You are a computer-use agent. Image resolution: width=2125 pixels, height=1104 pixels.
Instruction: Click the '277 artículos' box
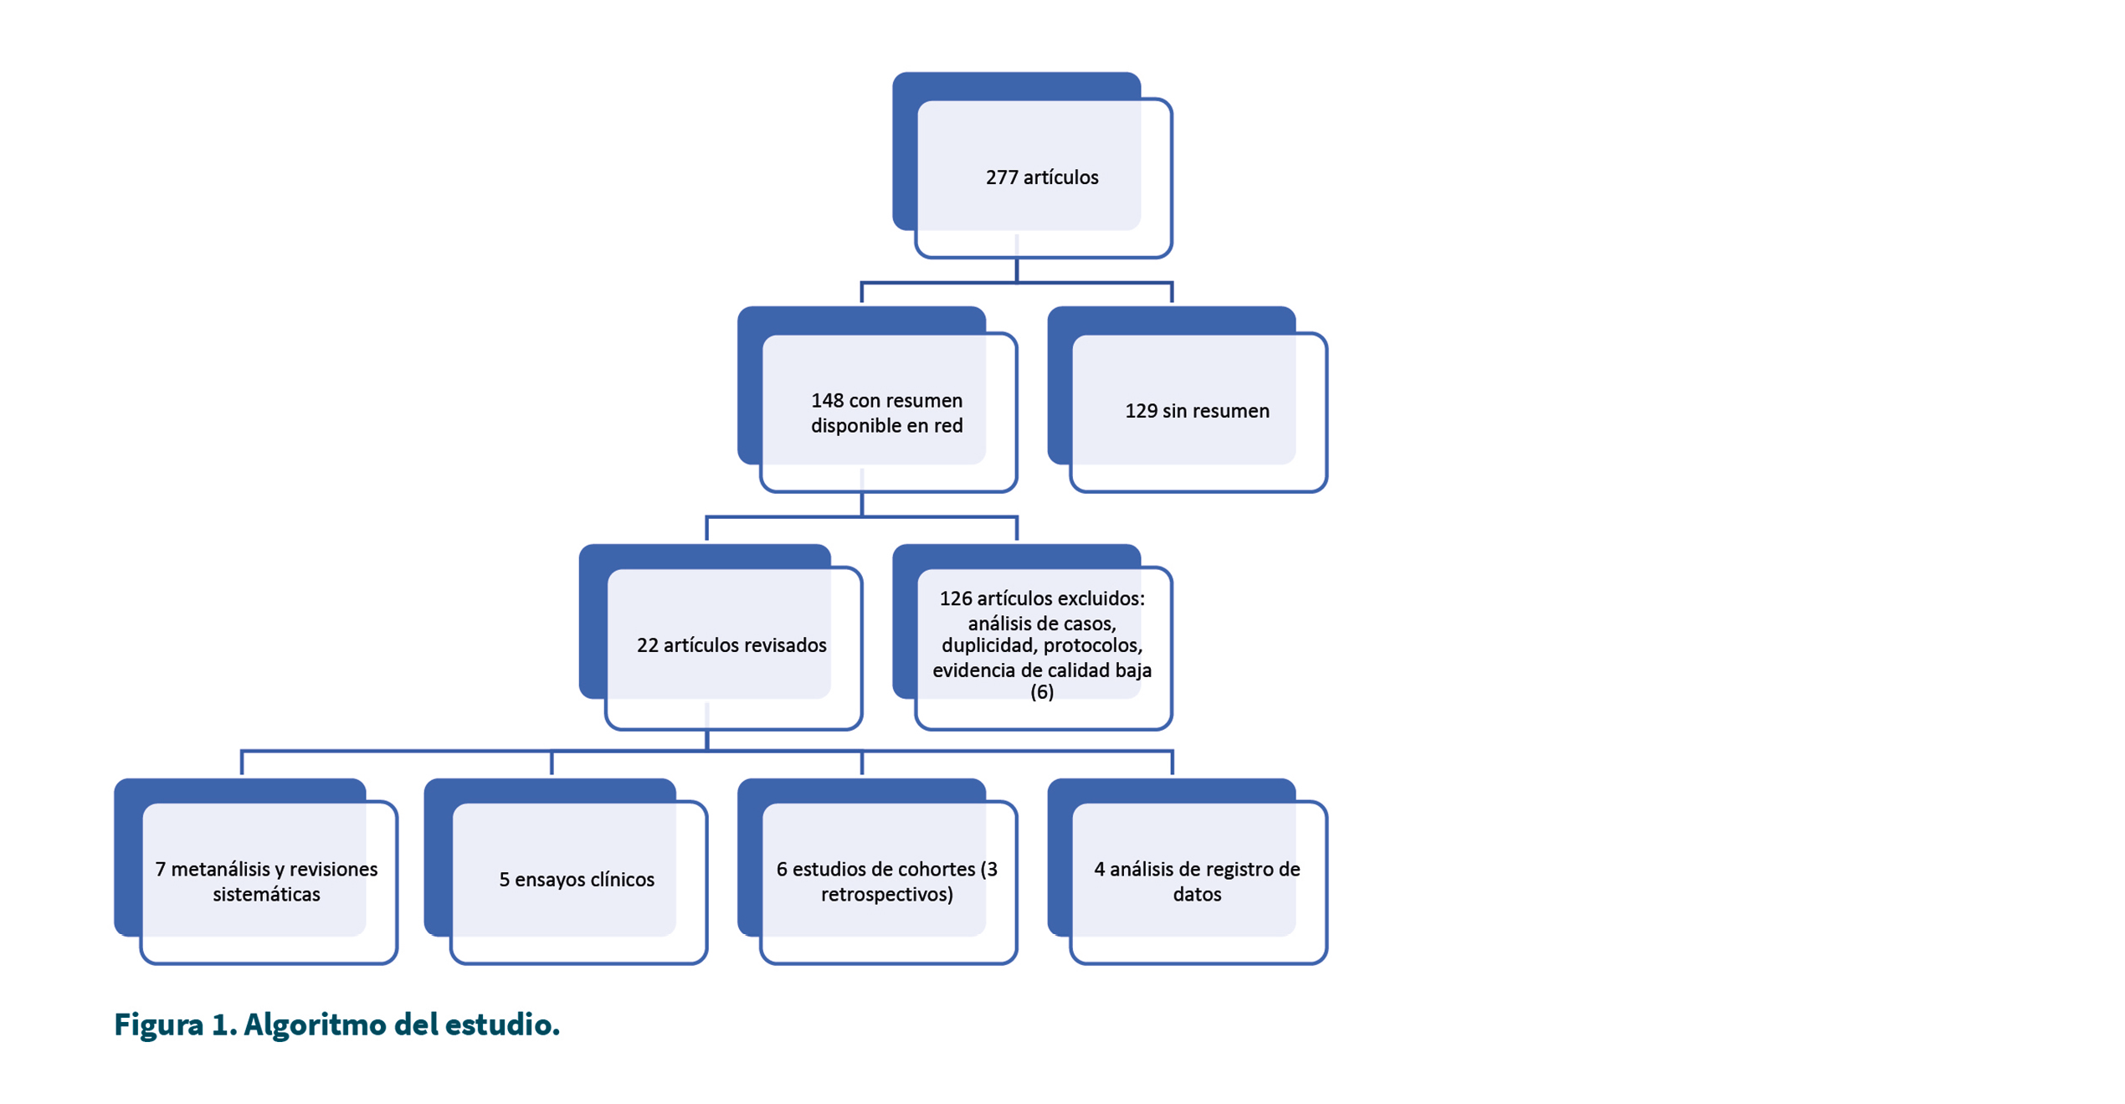click(1032, 165)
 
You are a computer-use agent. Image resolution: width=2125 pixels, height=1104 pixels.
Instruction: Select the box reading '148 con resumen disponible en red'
click(877, 399)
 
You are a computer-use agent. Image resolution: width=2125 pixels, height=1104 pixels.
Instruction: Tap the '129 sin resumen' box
click(1188, 399)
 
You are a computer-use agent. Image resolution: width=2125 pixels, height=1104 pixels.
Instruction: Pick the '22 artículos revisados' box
click(721, 638)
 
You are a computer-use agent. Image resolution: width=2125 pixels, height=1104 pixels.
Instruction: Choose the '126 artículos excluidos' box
click(1032, 638)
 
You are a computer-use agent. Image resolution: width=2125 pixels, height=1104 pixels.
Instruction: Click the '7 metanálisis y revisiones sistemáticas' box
click(256, 871)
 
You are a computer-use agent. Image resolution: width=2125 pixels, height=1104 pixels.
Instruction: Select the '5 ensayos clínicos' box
click(567, 871)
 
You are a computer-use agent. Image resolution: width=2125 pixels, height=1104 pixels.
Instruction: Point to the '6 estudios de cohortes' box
click(877, 871)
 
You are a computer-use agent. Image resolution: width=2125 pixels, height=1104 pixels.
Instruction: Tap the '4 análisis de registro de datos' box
click(1188, 871)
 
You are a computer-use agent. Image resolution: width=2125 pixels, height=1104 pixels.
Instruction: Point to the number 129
click(1141, 411)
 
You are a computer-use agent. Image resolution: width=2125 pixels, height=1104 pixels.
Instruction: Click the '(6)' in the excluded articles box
click(1042, 691)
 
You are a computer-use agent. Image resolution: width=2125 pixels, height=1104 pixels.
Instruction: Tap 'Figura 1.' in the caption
click(176, 1024)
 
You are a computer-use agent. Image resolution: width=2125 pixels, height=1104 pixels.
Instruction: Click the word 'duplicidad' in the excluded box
click(987, 645)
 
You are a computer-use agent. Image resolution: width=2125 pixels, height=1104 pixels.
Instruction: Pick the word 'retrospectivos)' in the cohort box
click(887, 894)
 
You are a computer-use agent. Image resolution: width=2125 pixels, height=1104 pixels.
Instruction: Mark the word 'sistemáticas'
click(266, 894)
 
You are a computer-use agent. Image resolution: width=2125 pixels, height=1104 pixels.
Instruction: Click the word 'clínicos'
click(620, 880)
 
